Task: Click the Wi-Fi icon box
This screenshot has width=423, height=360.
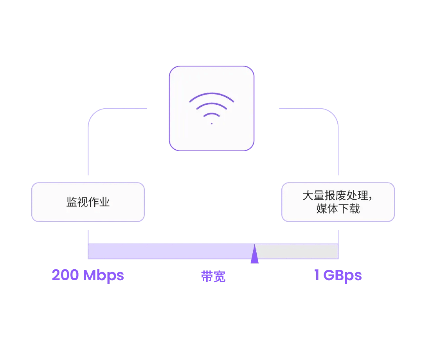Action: (x=211, y=108)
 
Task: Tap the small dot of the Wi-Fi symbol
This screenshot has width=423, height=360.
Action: (x=212, y=124)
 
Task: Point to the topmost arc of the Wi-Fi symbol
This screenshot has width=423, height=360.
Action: (x=212, y=94)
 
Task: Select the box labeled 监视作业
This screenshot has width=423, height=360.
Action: (x=88, y=202)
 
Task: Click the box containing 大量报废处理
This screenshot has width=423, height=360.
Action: (x=338, y=202)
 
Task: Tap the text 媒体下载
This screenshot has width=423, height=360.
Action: (x=338, y=209)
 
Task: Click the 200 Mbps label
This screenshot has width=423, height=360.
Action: (x=88, y=275)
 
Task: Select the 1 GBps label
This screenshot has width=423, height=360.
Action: (x=338, y=275)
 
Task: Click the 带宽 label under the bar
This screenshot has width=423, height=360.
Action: (x=213, y=276)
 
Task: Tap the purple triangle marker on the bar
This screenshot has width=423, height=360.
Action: (x=255, y=255)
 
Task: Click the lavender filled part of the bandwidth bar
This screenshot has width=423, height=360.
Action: (x=168, y=251)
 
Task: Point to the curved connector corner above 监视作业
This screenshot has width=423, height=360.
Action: (x=94, y=114)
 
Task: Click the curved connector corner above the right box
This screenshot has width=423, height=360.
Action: (x=333, y=114)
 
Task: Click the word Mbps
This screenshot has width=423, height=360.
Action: (x=104, y=276)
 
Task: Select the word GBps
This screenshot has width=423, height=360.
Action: (x=343, y=276)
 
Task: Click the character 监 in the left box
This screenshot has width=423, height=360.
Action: (x=71, y=202)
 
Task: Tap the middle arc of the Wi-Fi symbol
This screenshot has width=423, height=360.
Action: (x=212, y=104)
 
